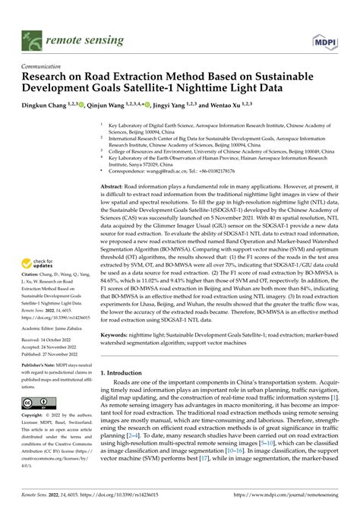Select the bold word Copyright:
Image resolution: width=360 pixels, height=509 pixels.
35,416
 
